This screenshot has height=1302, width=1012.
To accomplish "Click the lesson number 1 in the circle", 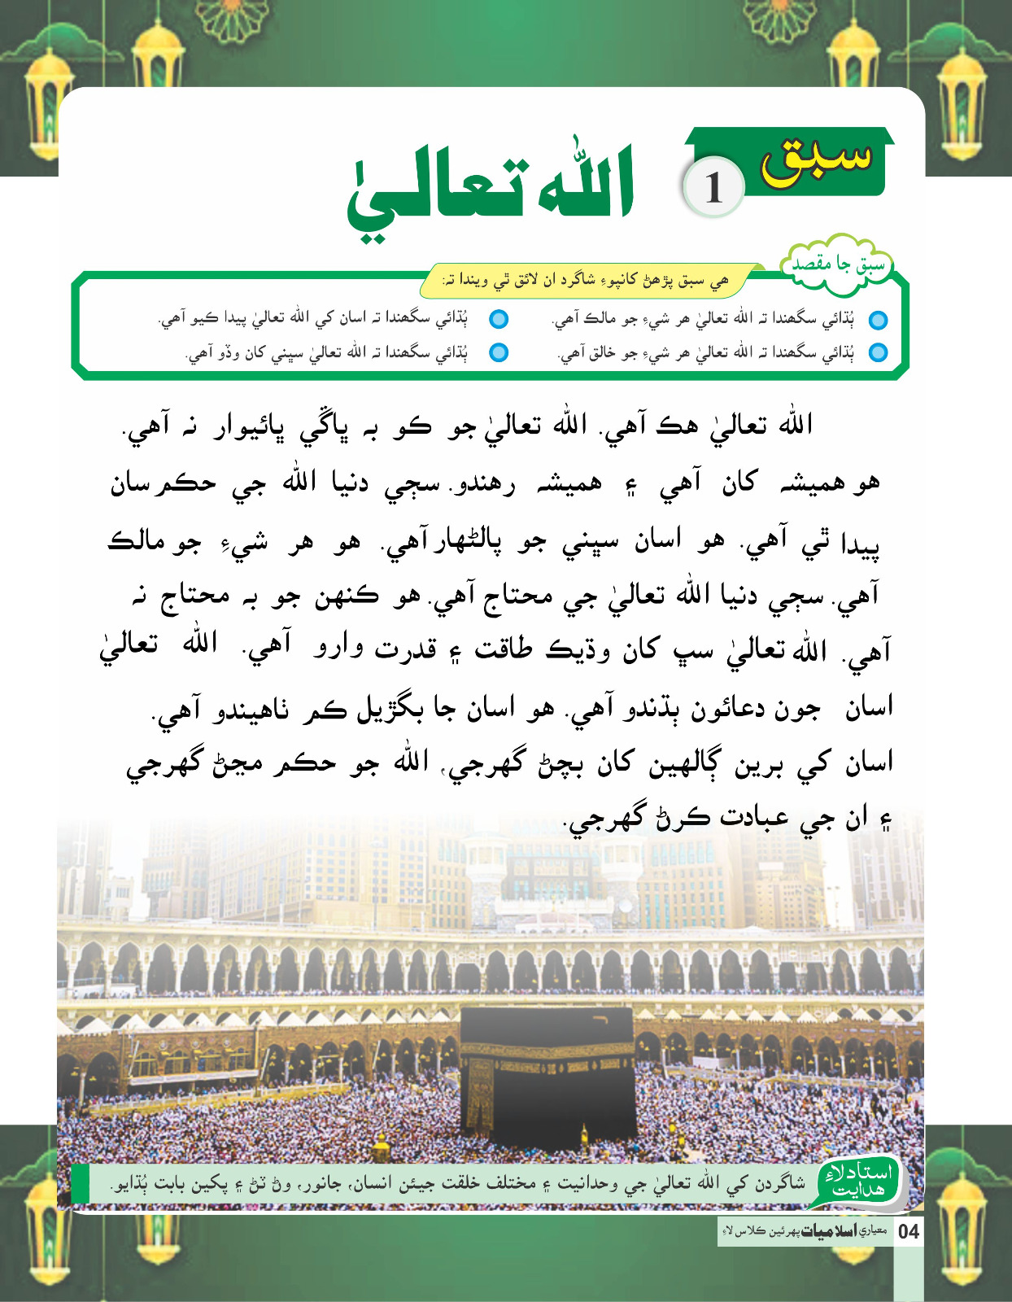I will [713, 189].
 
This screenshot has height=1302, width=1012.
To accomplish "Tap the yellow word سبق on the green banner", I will [816, 159].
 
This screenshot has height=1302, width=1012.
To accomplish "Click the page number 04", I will [909, 1231].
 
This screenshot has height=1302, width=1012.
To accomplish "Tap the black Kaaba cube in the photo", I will [547, 1066].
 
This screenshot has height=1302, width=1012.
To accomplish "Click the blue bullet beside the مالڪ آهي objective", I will [878, 320].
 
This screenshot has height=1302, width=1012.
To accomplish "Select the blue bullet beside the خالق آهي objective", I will [878, 353].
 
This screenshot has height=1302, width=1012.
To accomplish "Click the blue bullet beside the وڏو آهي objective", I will [499, 352].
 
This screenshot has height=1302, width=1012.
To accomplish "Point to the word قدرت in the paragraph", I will [405, 649].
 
